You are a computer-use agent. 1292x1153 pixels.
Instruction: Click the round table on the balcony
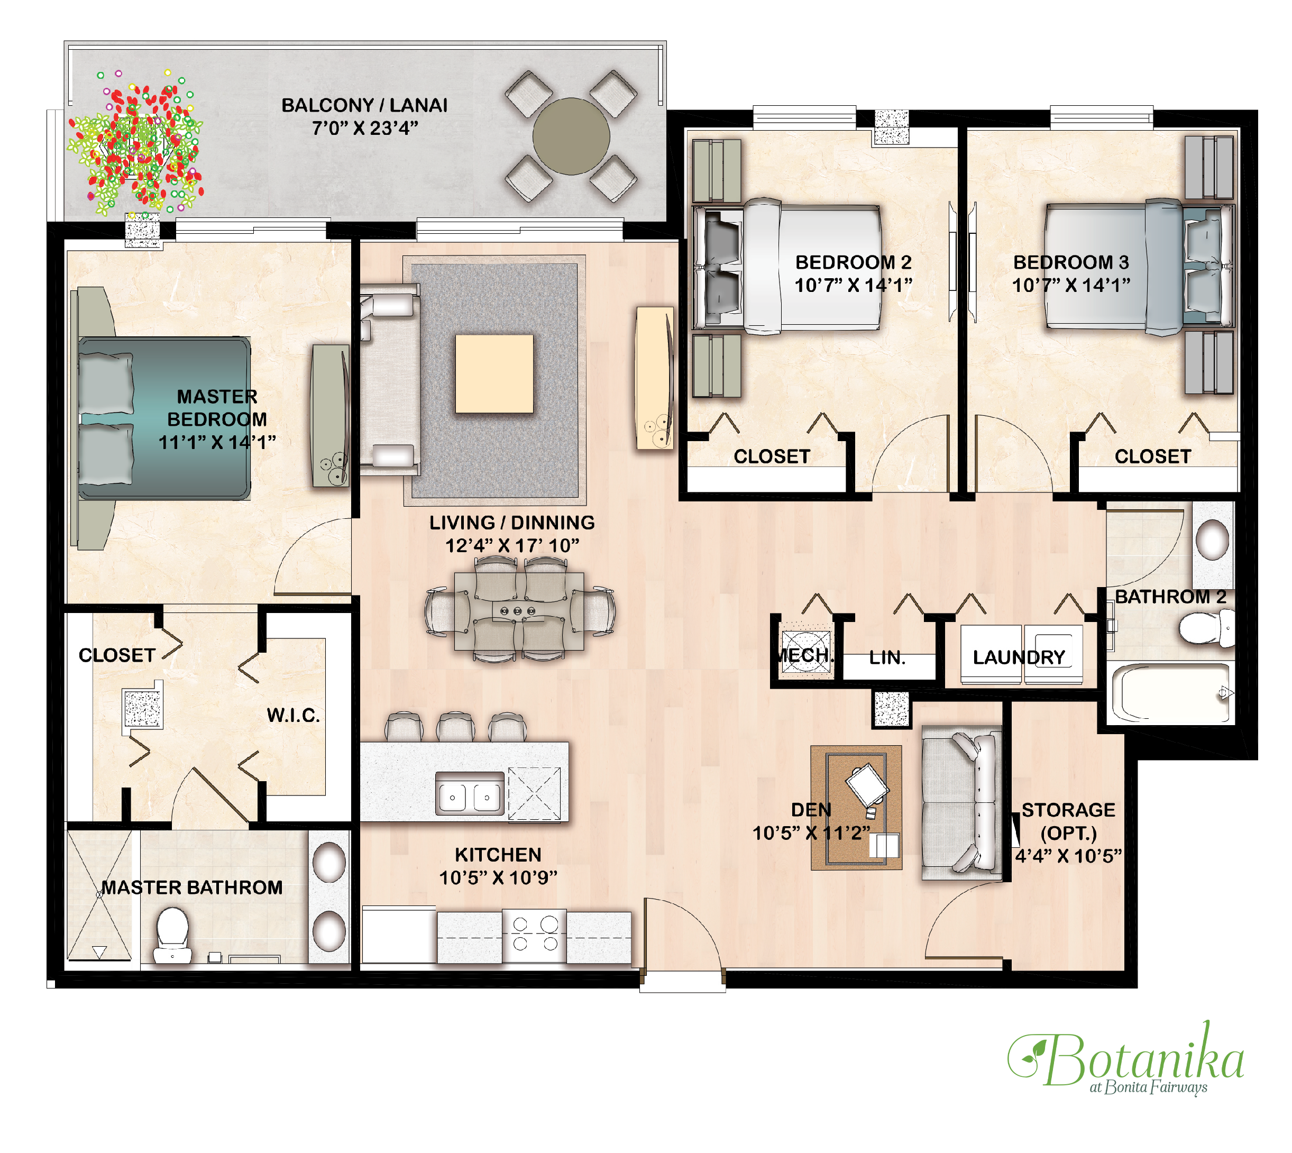coord(571,136)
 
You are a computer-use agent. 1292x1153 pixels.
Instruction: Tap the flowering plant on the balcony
coord(135,143)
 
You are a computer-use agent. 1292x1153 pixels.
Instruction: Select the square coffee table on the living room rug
coord(494,374)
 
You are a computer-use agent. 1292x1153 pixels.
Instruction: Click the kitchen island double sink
coord(470,793)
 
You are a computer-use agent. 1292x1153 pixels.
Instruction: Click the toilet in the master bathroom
coord(172,935)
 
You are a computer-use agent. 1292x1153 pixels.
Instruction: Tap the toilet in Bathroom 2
coord(1206,628)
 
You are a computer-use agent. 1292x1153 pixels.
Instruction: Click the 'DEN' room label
coord(811,810)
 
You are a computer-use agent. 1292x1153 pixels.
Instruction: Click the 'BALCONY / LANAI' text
coord(364,105)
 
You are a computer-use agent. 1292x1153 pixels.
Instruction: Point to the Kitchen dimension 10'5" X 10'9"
coord(498,877)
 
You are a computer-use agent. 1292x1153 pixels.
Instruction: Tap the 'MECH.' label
coord(805,655)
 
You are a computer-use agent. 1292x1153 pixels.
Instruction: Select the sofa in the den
coord(961,804)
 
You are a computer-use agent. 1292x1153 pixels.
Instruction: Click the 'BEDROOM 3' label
coord(1071,262)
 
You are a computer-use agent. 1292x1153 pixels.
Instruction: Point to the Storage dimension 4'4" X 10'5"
coord(1068,856)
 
